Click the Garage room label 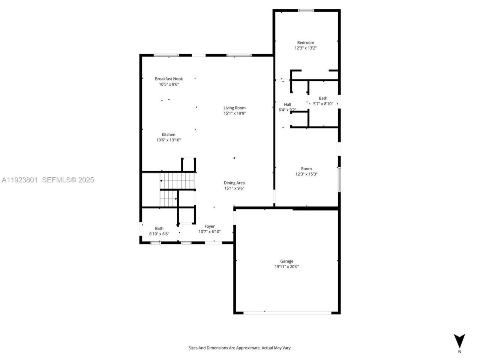point(287,261)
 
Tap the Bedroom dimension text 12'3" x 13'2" point(306,48)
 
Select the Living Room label point(234,108)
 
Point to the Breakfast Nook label point(169,79)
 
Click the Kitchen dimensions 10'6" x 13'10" point(168,140)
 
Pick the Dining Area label point(234,183)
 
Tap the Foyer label point(209,226)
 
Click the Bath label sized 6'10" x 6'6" point(159,228)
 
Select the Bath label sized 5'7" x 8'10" point(323,98)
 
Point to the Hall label point(287,105)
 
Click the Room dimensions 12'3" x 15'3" point(306,174)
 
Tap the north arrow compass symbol point(459,340)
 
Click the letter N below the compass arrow point(460,352)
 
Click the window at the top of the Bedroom point(306,10)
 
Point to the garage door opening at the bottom point(287,312)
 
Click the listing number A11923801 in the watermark point(19,180)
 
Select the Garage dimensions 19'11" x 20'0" point(287,267)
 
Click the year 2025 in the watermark point(86,180)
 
